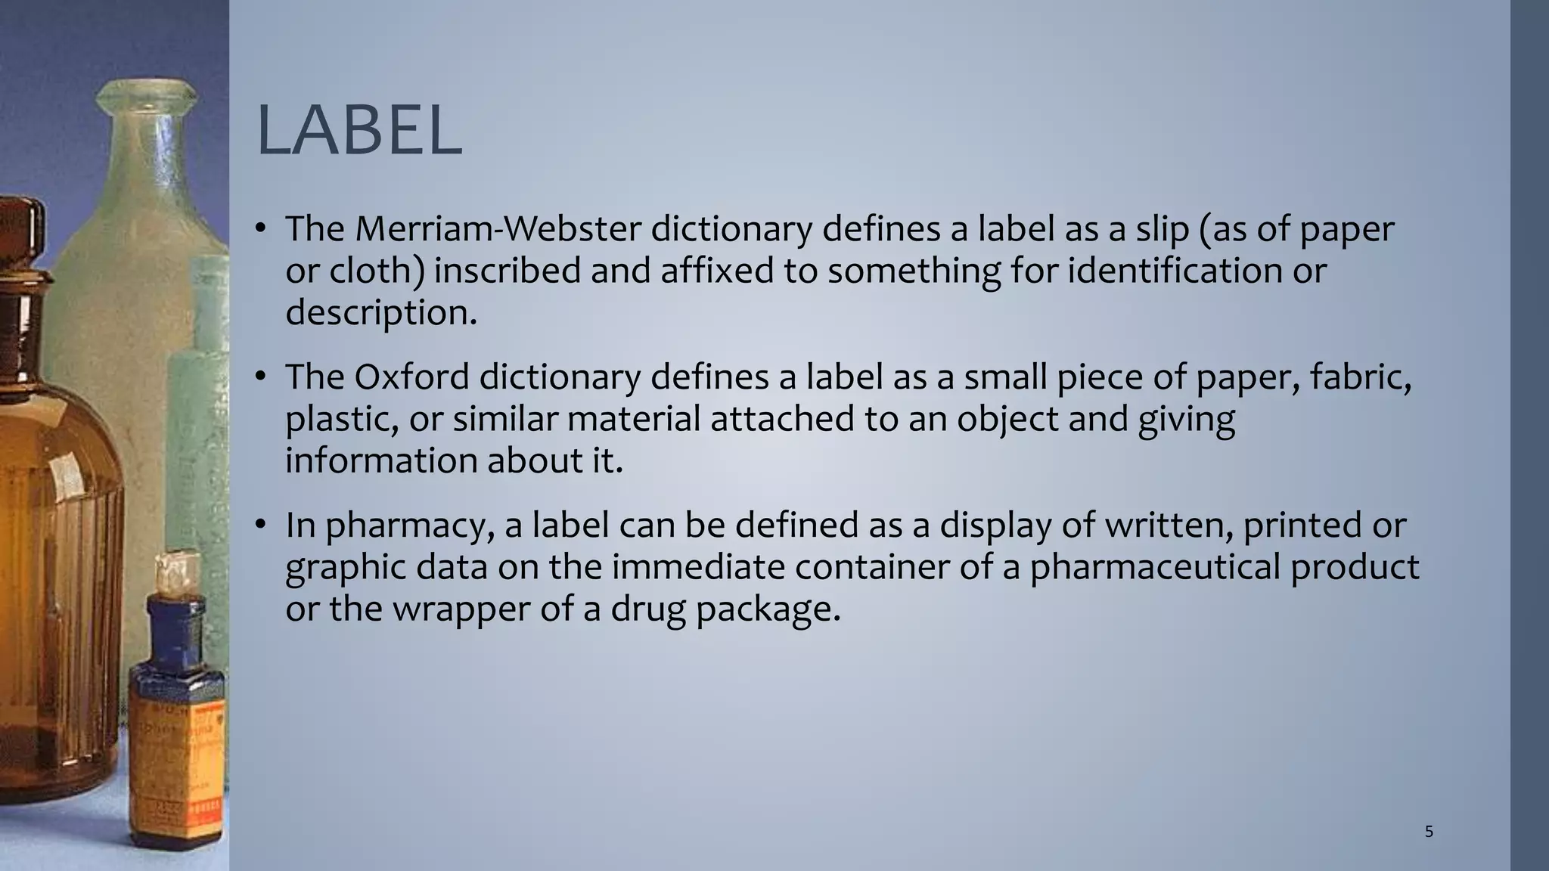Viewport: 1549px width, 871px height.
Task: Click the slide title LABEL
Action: [x=359, y=132]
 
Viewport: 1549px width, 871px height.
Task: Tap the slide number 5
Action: [x=1429, y=832]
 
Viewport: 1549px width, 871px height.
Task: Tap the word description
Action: [x=380, y=312]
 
